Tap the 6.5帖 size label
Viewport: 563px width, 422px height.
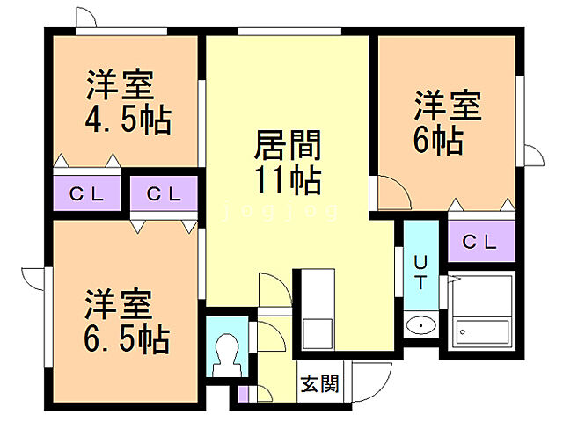tap(127, 337)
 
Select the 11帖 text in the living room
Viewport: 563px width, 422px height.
tap(287, 179)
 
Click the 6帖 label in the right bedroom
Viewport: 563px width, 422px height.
tap(436, 141)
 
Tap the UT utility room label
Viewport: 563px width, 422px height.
tap(420, 272)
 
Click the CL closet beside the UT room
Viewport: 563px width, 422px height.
tap(479, 240)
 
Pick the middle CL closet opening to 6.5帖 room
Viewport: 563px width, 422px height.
tap(164, 193)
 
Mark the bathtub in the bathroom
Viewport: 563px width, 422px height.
tap(482, 333)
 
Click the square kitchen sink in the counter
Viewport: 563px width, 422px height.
tap(316, 335)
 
